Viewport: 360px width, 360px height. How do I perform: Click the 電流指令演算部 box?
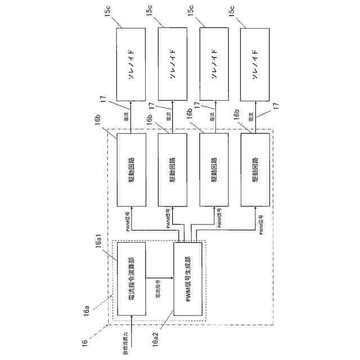pyautogui.click(x=130, y=276)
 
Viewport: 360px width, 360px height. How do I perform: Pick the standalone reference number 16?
pyautogui.click(x=84, y=340)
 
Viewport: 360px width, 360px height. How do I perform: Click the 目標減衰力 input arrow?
pyautogui.click(x=130, y=324)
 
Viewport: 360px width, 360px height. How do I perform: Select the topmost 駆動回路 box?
pyautogui.click(x=131, y=169)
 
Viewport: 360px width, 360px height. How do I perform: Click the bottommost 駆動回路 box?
pyautogui.click(x=254, y=169)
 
